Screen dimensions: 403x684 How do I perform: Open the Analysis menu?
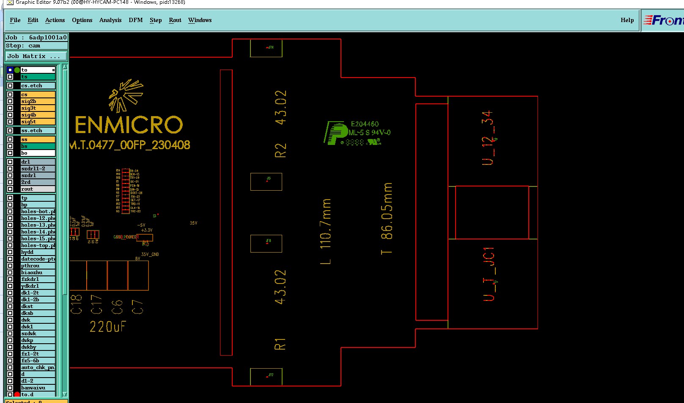tap(110, 20)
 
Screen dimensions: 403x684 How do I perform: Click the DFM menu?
tap(135, 20)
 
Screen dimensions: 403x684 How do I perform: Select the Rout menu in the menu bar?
tap(175, 20)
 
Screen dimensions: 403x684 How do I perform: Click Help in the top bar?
tap(627, 20)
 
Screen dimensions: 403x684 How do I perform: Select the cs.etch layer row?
tap(38, 86)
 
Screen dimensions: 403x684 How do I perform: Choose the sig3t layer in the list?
tap(38, 108)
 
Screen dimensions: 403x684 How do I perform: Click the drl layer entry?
tap(38, 162)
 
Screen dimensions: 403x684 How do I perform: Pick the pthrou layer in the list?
tap(38, 266)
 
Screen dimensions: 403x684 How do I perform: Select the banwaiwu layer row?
tap(38, 388)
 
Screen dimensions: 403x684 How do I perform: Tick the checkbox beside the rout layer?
tap(10, 189)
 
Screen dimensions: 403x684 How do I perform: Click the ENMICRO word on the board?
tap(129, 125)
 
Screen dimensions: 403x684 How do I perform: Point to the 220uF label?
tap(107, 327)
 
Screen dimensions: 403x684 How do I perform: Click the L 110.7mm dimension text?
tap(326, 231)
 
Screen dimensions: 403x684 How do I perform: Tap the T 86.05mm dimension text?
tap(387, 219)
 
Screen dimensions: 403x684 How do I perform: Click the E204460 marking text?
tap(365, 124)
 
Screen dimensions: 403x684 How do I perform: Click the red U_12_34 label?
tap(488, 138)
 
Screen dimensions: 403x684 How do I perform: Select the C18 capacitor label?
tap(77, 304)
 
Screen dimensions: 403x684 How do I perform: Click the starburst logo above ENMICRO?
tap(126, 95)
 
